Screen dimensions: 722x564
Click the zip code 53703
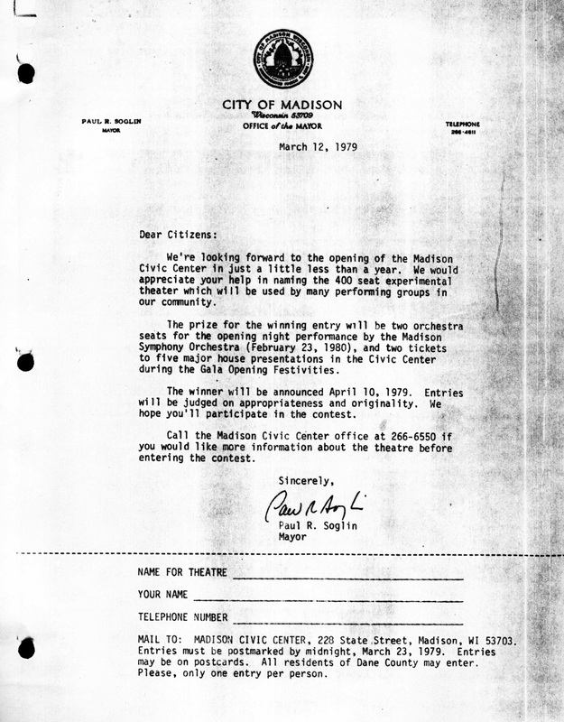pos(497,640)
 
